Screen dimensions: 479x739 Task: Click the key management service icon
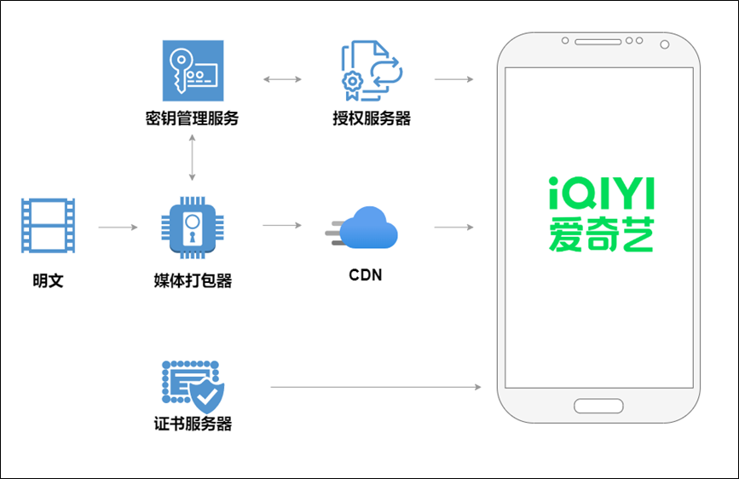click(x=191, y=72)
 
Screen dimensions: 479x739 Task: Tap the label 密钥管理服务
click(x=192, y=119)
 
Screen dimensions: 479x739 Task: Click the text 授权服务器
click(x=372, y=119)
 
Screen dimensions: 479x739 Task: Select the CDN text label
click(x=366, y=275)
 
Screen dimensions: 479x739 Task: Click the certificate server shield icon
click(x=193, y=385)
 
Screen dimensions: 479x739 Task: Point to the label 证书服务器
click(x=193, y=424)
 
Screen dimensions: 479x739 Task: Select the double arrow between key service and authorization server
click(x=282, y=79)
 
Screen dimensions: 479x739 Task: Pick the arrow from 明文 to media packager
click(x=117, y=228)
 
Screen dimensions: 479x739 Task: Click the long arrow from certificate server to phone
click(x=376, y=387)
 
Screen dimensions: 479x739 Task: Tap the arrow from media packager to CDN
click(x=282, y=226)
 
